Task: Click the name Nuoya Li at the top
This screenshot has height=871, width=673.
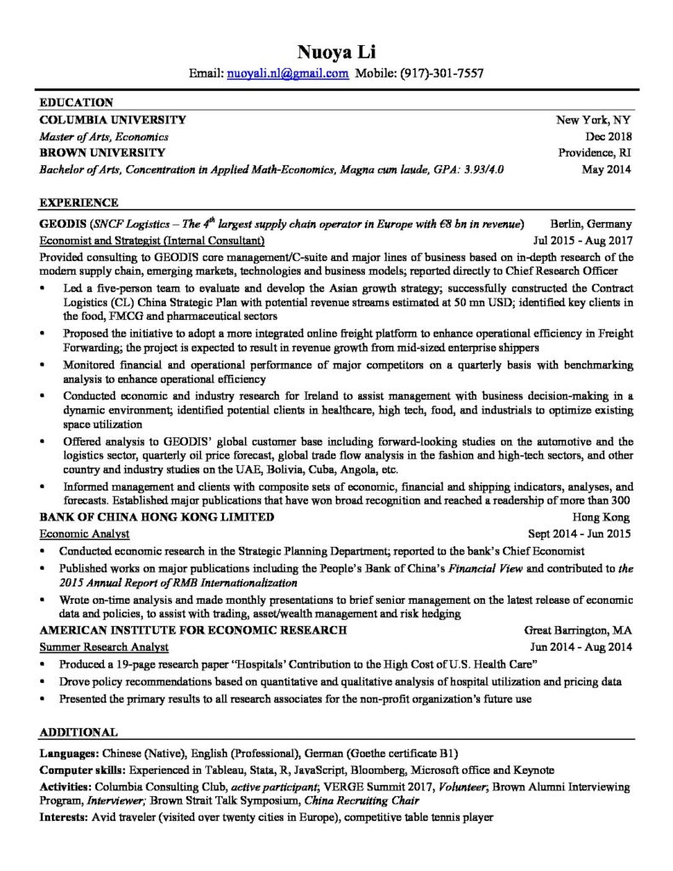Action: [x=336, y=49]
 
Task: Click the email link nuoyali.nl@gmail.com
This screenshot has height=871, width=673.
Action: [x=288, y=73]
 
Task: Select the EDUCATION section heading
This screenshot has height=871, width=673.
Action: [x=77, y=103]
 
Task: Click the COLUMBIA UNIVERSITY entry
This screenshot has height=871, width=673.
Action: [x=113, y=120]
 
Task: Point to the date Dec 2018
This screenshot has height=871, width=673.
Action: [x=608, y=136]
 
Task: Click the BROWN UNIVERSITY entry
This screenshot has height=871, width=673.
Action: [x=102, y=152]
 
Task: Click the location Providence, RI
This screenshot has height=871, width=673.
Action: [x=595, y=152]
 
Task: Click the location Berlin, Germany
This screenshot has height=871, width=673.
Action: [x=590, y=224]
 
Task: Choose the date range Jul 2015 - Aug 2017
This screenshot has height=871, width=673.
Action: [x=582, y=240]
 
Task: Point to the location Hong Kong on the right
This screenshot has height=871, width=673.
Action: [x=601, y=516]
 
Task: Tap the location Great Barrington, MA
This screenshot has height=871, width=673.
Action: [x=578, y=630]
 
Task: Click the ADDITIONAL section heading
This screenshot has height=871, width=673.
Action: [x=79, y=732]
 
